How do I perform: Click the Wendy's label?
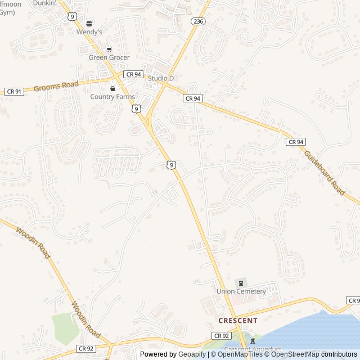[x=89, y=32]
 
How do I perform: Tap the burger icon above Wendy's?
[x=89, y=23]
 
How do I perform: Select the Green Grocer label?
[x=109, y=57]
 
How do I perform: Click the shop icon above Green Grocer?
[x=109, y=49]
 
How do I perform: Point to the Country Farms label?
[x=112, y=97]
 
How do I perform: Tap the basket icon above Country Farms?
[x=112, y=88]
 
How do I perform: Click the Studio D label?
[x=161, y=78]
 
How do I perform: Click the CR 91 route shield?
[x=13, y=91]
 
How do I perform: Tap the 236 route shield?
[x=197, y=21]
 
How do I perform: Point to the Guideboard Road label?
[x=325, y=172]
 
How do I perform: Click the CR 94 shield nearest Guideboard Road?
[x=296, y=142]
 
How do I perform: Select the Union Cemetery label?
[x=241, y=291]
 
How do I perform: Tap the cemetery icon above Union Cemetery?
[x=241, y=282]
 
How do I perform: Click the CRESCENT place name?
[x=238, y=321]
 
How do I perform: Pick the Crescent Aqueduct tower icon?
[x=252, y=341]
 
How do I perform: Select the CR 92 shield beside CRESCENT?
[x=222, y=336]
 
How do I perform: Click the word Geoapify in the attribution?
[x=193, y=354]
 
